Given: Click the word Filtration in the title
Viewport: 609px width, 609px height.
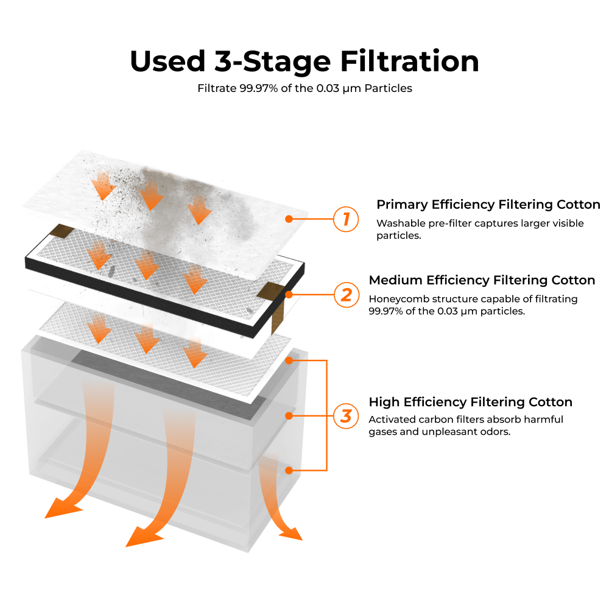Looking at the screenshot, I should [x=409, y=62].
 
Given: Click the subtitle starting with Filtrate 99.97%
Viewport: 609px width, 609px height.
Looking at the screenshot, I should [x=304, y=88].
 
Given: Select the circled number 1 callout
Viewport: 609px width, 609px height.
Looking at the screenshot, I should [x=346, y=219].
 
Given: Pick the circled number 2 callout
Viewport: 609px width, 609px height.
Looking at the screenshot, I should [x=346, y=295].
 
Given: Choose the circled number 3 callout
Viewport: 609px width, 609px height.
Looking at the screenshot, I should [x=346, y=417].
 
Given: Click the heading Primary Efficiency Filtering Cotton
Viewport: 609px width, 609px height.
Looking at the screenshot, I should [x=488, y=205].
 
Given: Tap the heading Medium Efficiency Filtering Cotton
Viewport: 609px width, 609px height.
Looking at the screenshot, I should [x=482, y=280].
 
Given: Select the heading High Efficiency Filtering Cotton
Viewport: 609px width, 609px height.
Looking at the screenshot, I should [x=470, y=402].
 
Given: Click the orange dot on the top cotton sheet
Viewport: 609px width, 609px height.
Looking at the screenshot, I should [x=289, y=219].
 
